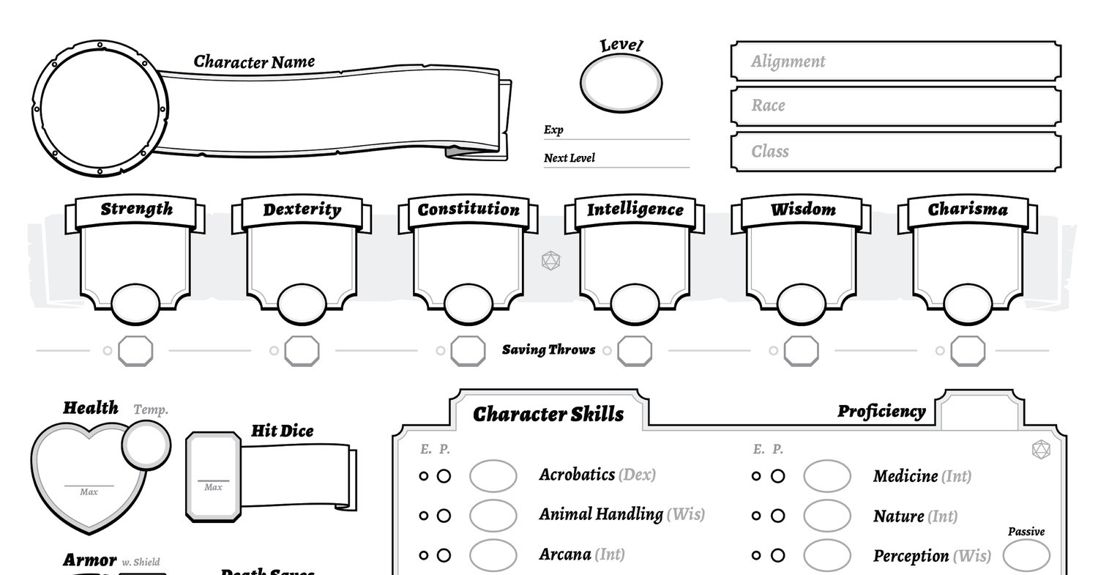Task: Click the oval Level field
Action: pos(621,82)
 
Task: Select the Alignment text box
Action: pos(895,62)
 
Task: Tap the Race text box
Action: pos(895,106)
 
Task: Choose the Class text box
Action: pos(895,152)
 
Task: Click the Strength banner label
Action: pos(136,209)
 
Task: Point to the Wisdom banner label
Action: pos(803,209)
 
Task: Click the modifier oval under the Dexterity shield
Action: pos(302,304)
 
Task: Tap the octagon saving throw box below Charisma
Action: pos(968,351)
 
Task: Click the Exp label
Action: pos(553,130)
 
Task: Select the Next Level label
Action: pos(569,157)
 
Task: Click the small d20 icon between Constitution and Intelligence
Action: pos(550,260)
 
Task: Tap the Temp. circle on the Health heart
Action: pos(146,443)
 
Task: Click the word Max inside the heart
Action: pos(89,492)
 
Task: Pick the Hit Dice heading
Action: pos(282,431)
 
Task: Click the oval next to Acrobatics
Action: pos(493,476)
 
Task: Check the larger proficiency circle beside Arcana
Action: pos(444,555)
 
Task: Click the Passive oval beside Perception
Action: pos(1026,556)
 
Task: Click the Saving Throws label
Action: pos(548,350)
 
